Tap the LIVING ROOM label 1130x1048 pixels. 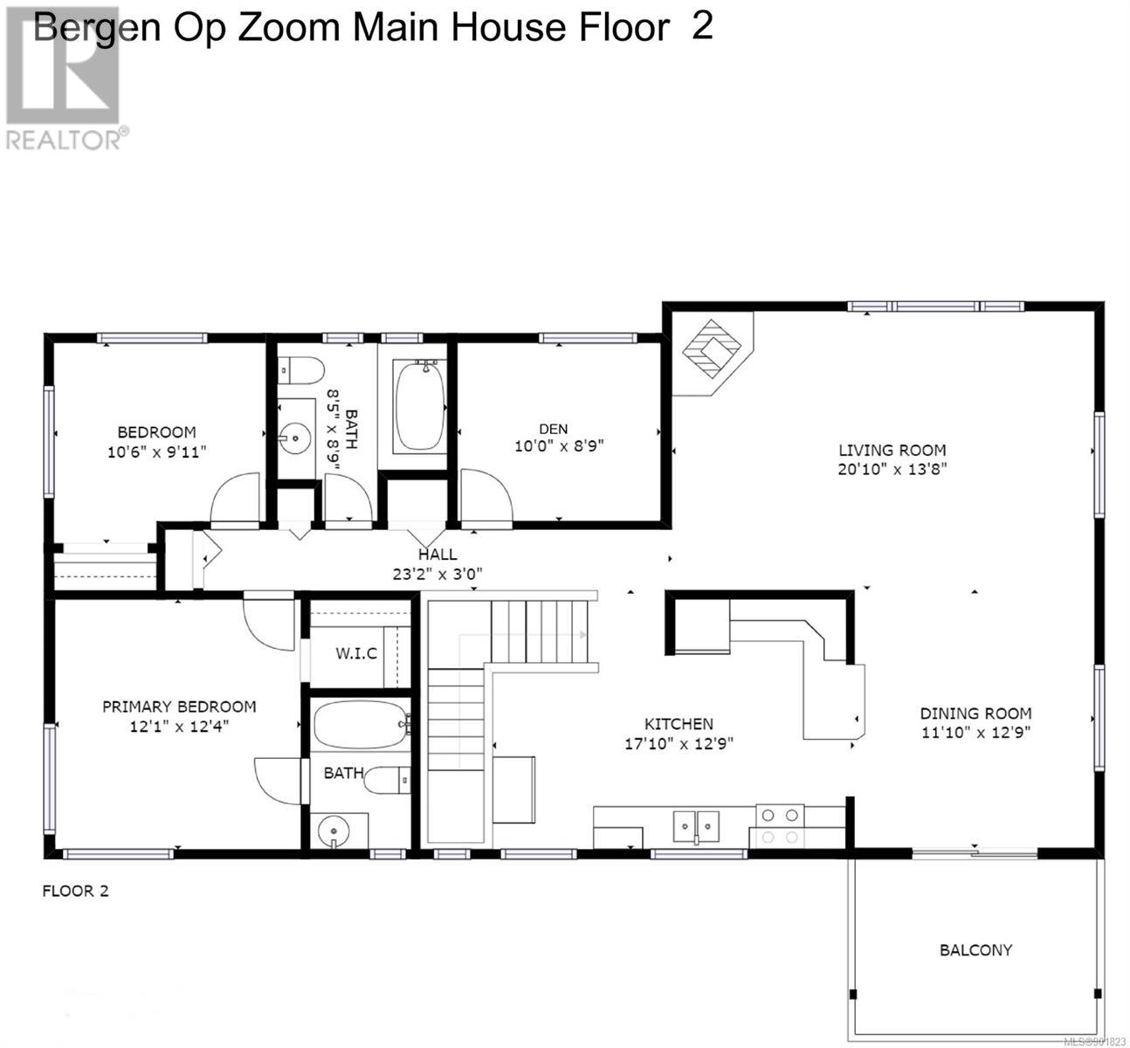click(x=892, y=451)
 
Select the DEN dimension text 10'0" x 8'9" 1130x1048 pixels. click(x=559, y=445)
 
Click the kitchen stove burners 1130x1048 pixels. click(x=780, y=826)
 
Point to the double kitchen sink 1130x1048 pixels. click(x=697, y=826)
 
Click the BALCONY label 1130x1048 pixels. click(x=975, y=950)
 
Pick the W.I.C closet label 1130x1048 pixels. click(x=356, y=653)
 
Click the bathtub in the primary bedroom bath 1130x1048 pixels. click(x=360, y=725)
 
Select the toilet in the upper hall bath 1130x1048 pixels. click(x=301, y=370)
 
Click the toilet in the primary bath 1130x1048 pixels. click(x=387, y=779)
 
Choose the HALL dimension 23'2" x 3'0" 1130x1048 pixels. click(x=438, y=574)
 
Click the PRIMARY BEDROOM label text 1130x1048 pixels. click(x=179, y=707)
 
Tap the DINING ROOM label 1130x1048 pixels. click(x=975, y=714)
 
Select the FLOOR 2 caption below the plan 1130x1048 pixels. click(x=76, y=891)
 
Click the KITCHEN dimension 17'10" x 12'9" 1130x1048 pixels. click(x=679, y=743)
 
